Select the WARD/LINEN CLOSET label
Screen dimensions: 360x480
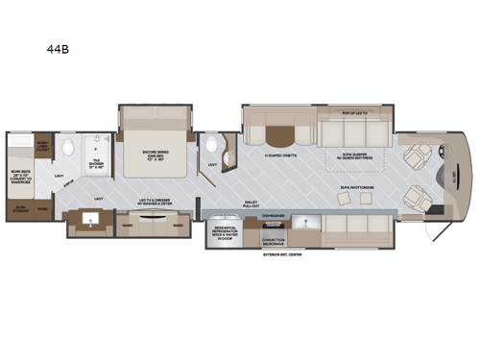click(43, 148)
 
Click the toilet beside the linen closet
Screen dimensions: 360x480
click(69, 149)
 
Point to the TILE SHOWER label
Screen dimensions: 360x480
click(98, 162)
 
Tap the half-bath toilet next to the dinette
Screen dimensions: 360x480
click(212, 146)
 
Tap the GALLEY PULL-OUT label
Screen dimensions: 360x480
click(251, 204)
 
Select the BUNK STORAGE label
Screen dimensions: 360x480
click(19, 206)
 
